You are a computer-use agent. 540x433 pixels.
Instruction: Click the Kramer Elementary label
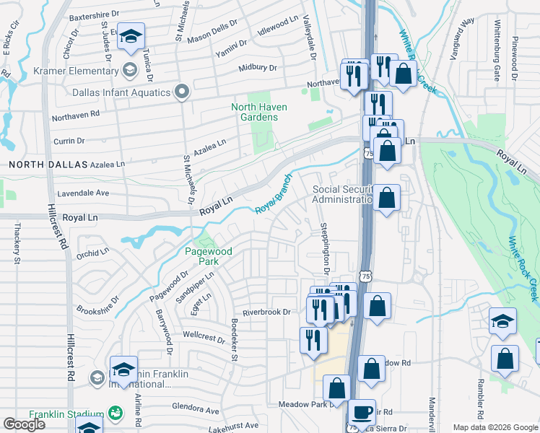[x=77, y=71]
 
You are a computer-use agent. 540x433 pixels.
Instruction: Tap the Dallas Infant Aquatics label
[x=121, y=92]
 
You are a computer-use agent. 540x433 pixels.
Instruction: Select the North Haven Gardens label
[x=258, y=112]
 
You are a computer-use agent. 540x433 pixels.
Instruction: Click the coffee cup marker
[x=362, y=413]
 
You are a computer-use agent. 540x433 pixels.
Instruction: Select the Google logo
[x=24, y=424]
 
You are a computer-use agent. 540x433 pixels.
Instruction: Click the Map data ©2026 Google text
[x=495, y=427]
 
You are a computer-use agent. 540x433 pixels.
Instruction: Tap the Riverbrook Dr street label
[x=266, y=312]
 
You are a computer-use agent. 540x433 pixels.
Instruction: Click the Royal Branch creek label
[x=274, y=193]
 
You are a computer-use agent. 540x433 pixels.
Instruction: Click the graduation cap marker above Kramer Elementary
[x=131, y=36]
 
